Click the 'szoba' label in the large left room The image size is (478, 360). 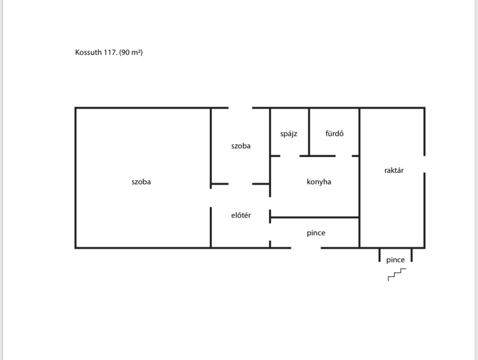pyautogui.click(x=141, y=182)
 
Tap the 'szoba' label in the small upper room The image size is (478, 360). pyautogui.click(x=241, y=146)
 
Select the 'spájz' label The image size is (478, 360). pyautogui.click(x=289, y=134)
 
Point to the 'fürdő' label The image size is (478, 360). pyautogui.click(x=335, y=133)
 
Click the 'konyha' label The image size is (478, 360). pyautogui.click(x=319, y=182)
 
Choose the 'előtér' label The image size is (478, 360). pyautogui.click(x=241, y=215)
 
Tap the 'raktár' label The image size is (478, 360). pyautogui.click(x=394, y=170)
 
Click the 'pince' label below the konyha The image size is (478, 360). pyautogui.click(x=316, y=233)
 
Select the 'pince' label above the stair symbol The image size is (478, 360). pyautogui.click(x=395, y=260)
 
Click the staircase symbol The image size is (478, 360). pyautogui.click(x=397, y=274)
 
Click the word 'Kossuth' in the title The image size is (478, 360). pyautogui.click(x=88, y=52)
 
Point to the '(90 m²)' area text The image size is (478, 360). pyautogui.click(x=131, y=52)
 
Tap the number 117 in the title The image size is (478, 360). pyautogui.click(x=110, y=52)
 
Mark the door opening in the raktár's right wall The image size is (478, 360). pyautogui.click(x=424, y=164)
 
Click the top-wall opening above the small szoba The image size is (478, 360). pyautogui.click(x=240, y=108)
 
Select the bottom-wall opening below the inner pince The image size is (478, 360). pyautogui.click(x=306, y=248)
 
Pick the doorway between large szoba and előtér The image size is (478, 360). pyautogui.click(x=211, y=198)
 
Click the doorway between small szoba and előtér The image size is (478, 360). pyautogui.click(x=240, y=184)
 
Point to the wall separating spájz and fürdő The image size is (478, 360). pyautogui.click(x=309, y=132)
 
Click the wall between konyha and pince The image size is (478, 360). pyautogui.click(x=314, y=218)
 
